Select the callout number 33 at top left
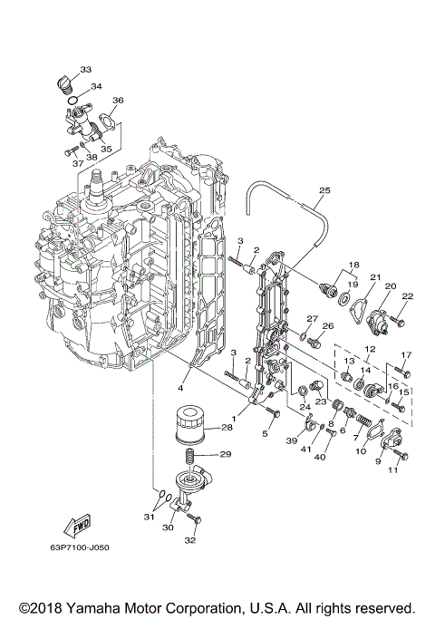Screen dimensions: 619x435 (85, 69)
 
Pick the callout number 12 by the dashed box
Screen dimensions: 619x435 (370, 349)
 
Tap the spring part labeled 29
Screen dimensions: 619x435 (190, 459)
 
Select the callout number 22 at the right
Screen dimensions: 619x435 (408, 296)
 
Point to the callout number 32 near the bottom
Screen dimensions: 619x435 (188, 541)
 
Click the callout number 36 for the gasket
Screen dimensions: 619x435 (117, 101)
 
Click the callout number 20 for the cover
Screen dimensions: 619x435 (391, 285)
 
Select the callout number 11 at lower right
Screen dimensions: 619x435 (393, 470)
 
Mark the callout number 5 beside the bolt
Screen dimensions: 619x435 (265, 434)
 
